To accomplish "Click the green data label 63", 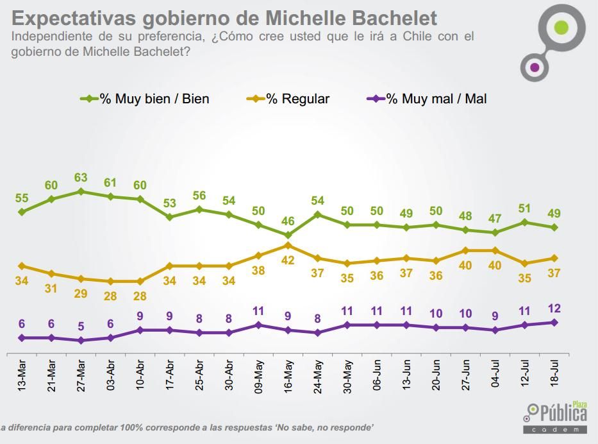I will [x=81, y=178].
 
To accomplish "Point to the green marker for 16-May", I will [x=288, y=235].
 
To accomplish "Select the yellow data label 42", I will [x=288, y=260].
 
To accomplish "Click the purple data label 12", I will [x=554, y=309].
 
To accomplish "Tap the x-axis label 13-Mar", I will [x=22, y=377].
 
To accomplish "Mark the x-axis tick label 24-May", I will [x=318, y=377].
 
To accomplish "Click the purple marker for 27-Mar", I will [x=81, y=340].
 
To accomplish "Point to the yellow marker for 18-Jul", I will [x=554, y=258].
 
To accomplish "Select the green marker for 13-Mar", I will [x=22, y=212].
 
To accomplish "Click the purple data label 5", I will [x=81, y=326].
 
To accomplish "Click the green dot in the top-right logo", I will [x=561, y=28].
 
